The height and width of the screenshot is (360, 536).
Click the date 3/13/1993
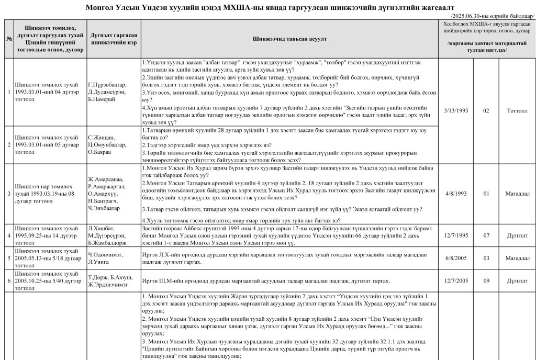[x=454, y=111]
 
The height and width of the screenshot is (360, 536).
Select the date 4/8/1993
[x=454, y=194]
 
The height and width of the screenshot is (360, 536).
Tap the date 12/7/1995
[x=454, y=236]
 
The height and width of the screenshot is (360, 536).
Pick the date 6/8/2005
[x=454, y=258]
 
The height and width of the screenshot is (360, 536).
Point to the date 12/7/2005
[x=454, y=280]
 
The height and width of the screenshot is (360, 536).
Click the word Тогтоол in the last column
[x=517, y=111]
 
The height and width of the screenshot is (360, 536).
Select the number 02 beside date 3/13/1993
[x=486, y=111]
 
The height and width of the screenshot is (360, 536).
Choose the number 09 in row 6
[x=486, y=280]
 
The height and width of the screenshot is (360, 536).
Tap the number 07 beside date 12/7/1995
[x=486, y=236]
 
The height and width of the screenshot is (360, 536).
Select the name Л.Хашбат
[x=98, y=229]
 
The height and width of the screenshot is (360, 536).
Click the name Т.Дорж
[x=97, y=277]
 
